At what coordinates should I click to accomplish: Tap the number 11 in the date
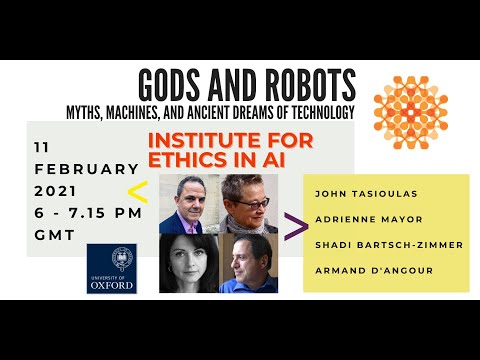click(42, 146)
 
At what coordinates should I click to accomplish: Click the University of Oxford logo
click(112, 267)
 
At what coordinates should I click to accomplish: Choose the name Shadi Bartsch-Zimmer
click(384, 245)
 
